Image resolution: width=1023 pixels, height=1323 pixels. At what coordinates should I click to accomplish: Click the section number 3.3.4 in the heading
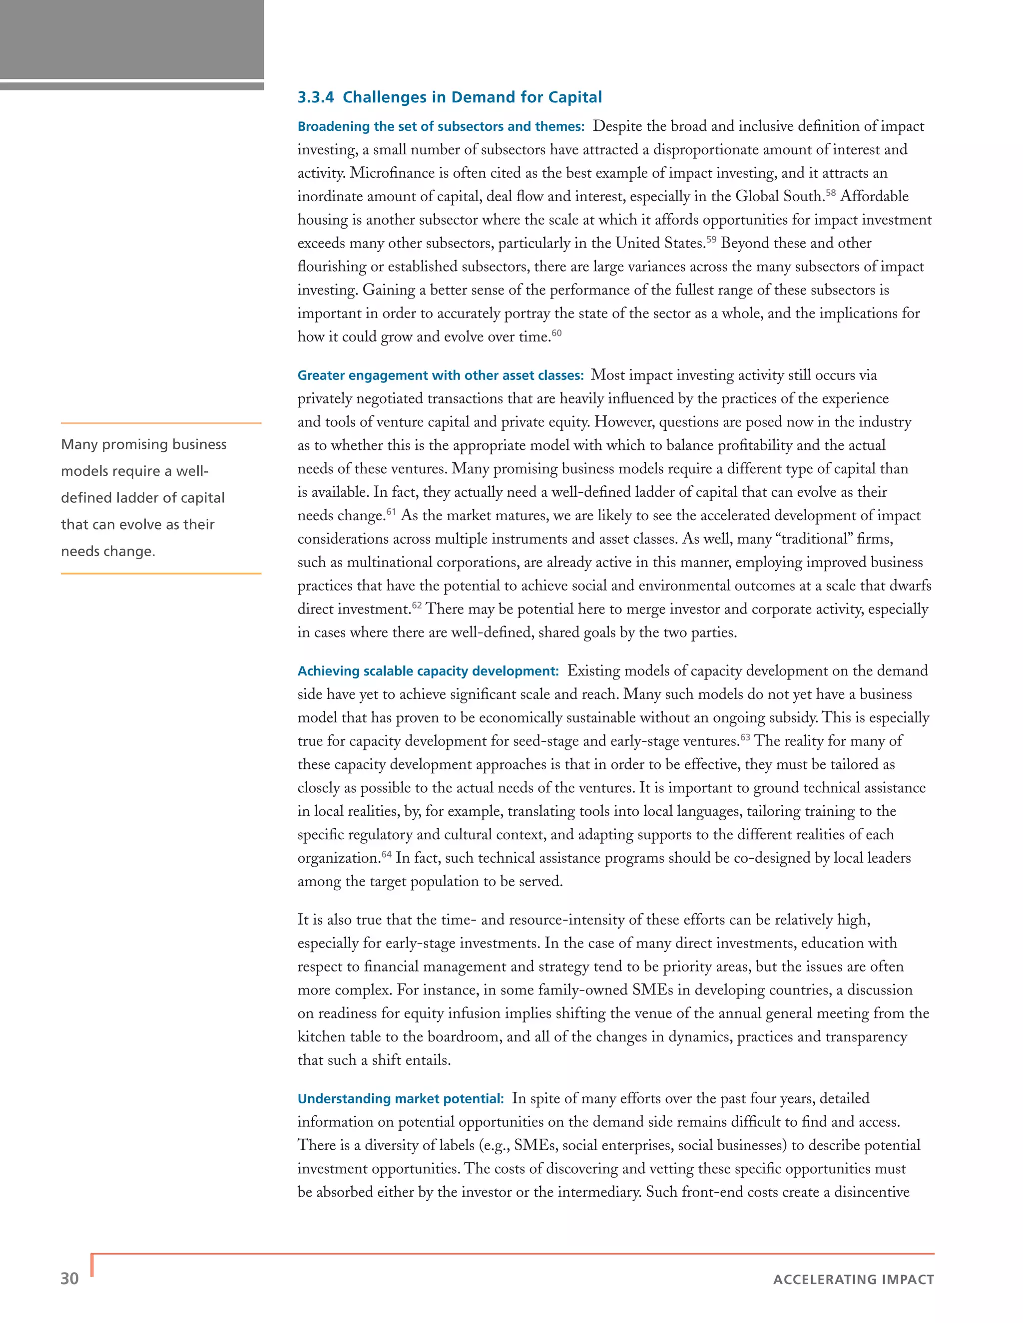[315, 97]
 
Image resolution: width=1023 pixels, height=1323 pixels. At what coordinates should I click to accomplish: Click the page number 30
[70, 1279]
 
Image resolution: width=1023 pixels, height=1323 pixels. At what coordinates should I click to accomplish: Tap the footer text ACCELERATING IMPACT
[853, 1280]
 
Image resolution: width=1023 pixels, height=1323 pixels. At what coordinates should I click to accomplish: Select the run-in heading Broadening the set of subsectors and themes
[441, 127]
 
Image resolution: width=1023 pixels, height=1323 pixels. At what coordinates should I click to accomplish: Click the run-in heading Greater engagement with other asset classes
[440, 375]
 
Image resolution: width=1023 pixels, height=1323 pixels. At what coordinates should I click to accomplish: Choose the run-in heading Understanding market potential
[400, 1099]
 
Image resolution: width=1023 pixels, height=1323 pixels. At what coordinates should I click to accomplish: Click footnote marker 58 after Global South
[830, 193]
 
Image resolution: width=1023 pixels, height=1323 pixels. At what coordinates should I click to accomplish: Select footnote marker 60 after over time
[556, 332]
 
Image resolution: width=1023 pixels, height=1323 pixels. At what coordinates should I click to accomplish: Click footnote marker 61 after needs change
[391, 512]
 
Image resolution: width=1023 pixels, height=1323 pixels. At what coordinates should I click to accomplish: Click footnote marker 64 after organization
[386, 854]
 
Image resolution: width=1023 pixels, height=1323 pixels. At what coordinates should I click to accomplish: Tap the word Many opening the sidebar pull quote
[79, 445]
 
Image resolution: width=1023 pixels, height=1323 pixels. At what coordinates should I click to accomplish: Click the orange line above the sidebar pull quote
[161, 423]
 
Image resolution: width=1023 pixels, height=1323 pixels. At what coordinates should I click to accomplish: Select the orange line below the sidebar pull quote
[161, 573]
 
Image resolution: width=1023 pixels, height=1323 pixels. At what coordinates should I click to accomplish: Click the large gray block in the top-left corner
[131, 39]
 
